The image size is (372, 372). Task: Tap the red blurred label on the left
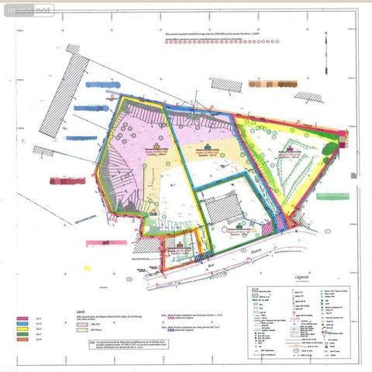click(x=67, y=181)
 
